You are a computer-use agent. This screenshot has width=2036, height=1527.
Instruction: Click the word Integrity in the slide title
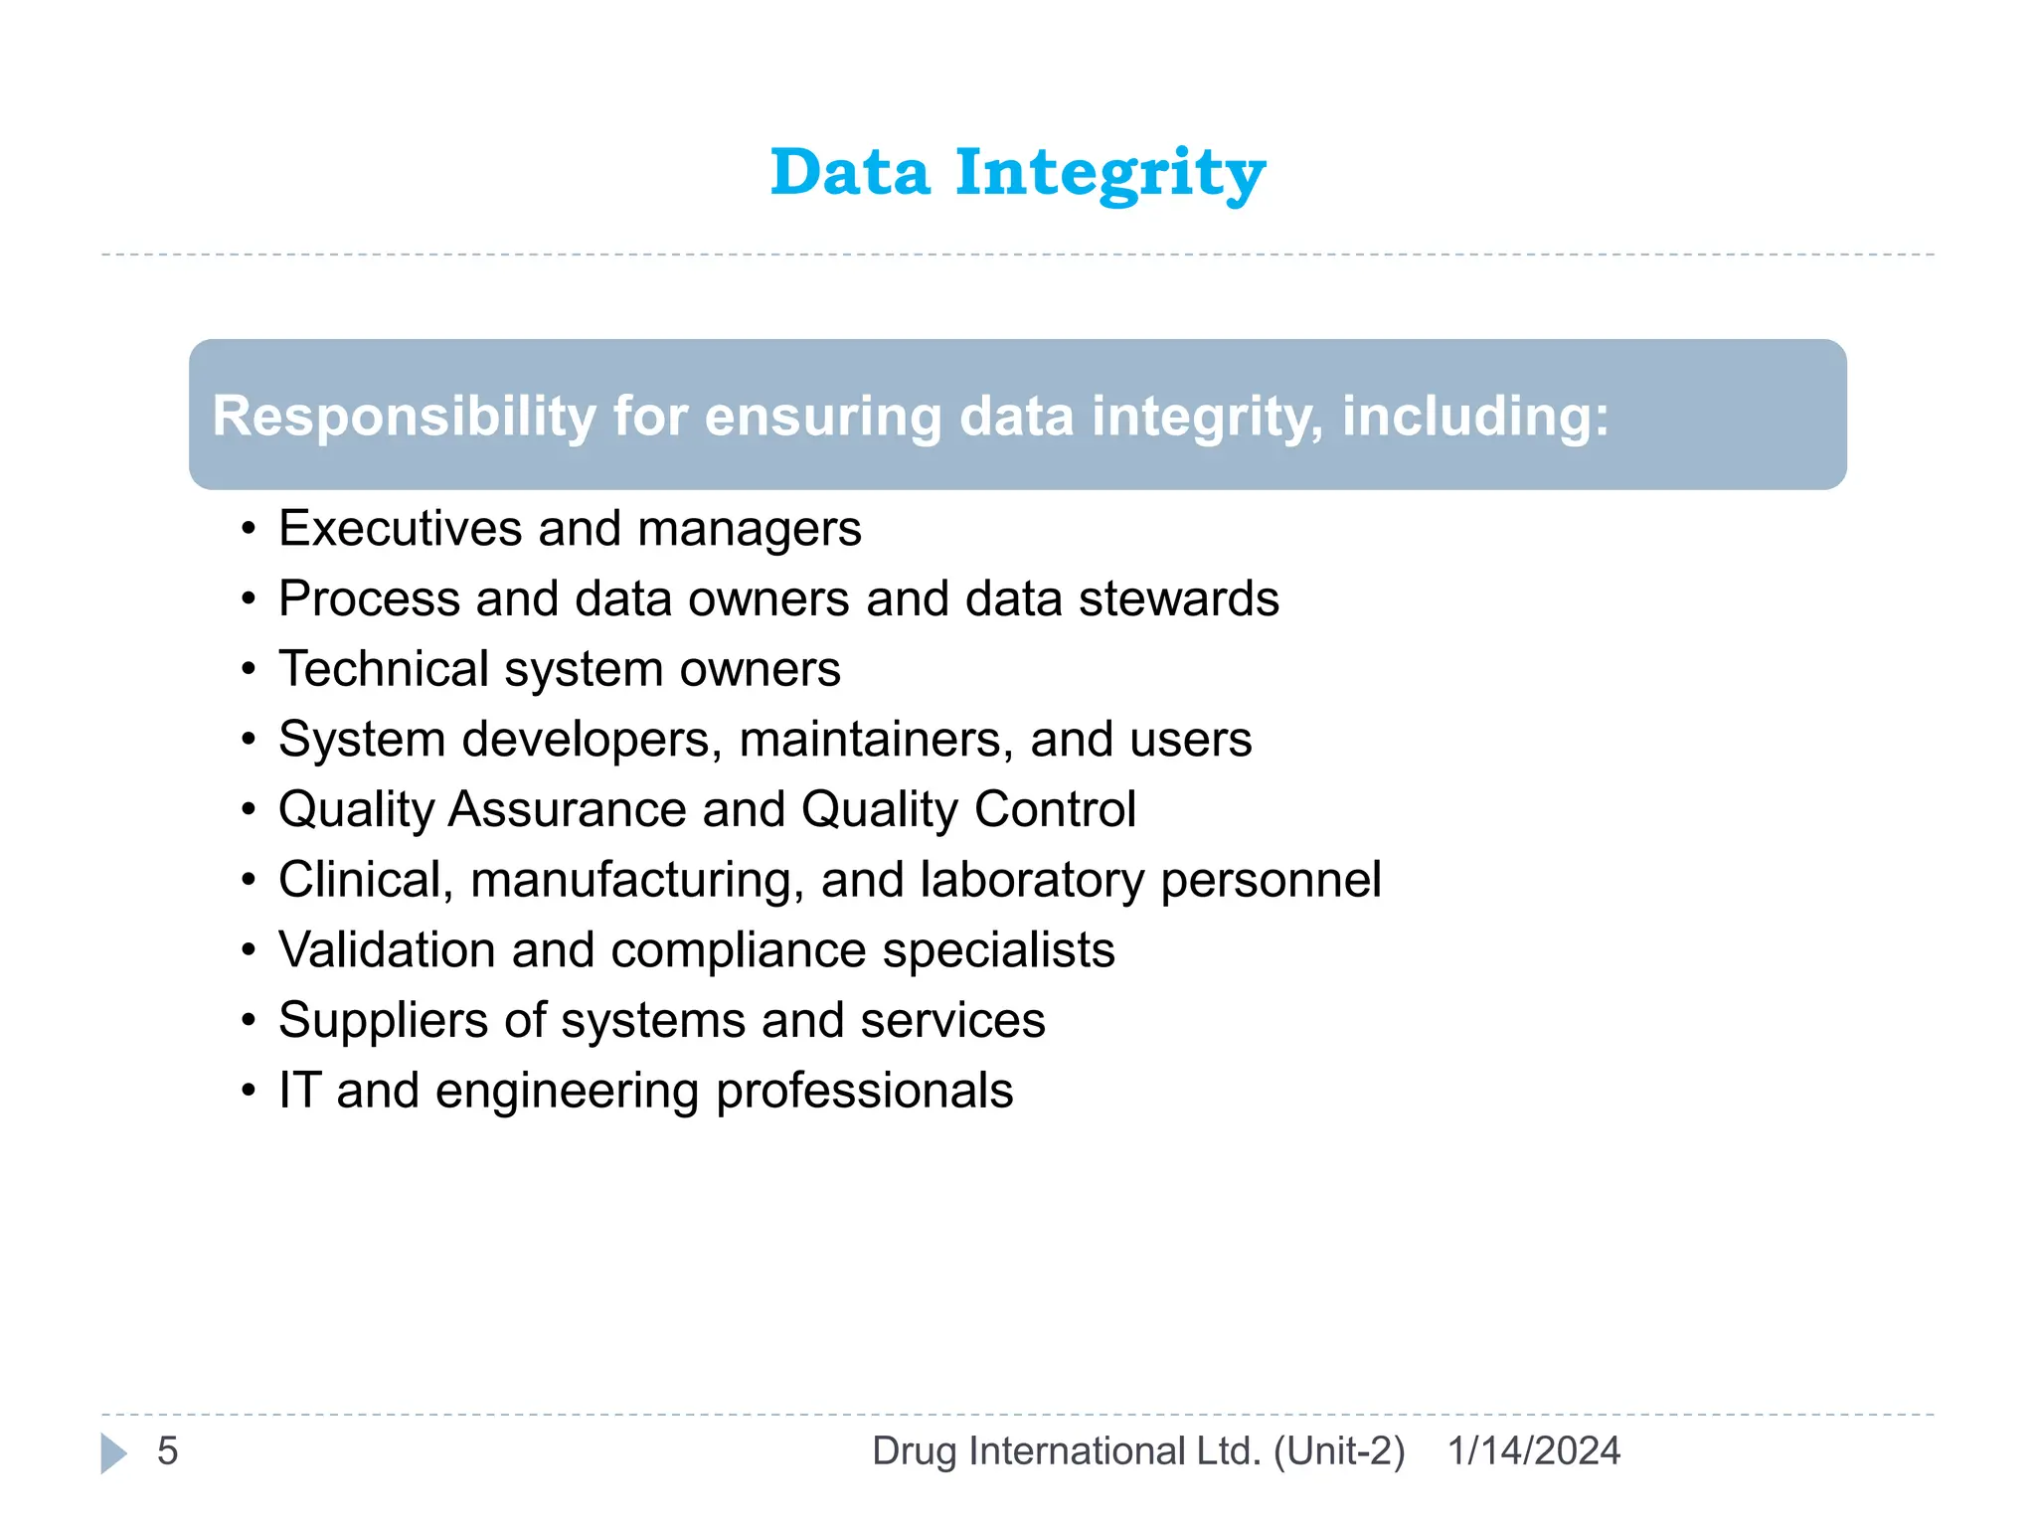pyautogui.click(x=1110, y=174)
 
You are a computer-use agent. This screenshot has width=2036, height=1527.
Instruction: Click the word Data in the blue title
pyautogui.click(x=850, y=172)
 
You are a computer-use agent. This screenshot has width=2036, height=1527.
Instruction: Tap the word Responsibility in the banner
pyautogui.click(x=404, y=416)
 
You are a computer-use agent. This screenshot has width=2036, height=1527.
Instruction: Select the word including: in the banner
pyautogui.click(x=1475, y=416)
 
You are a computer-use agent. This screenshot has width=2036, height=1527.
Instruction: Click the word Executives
pyautogui.click(x=400, y=528)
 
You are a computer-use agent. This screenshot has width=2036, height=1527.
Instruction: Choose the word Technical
pyautogui.click(x=383, y=668)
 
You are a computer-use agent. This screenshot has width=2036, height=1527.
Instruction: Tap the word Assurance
pyautogui.click(x=567, y=809)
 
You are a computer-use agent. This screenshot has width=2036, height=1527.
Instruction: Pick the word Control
pyautogui.click(x=1055, y=809)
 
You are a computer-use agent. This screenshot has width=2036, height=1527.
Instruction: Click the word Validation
pyautogui.click(x=387, y=949)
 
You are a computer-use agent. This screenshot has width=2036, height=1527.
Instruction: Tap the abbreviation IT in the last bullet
pyautogui.click(x=299, y=1091)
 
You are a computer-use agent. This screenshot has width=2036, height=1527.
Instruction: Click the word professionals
pyautogui.click(x=864, y=1092)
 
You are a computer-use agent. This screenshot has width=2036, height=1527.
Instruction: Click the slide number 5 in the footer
pyautogui.click(x=167, y=1451)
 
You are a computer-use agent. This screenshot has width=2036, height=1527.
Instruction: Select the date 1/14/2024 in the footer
pyautogui.click(x=1533, y=1451)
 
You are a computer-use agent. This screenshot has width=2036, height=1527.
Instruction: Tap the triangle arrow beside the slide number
pyautogui.click(x=113, y=1453)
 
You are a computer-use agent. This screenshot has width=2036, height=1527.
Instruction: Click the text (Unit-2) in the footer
pyautogui.click(x=1339, y=1451)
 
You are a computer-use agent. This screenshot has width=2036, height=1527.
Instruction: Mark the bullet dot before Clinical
pyautogui.click(x=249, y=881)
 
